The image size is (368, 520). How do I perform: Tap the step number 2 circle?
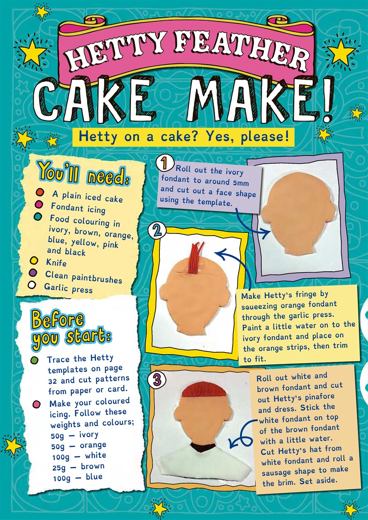point(157,232)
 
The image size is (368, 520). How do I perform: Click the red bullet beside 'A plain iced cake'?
point(40,192)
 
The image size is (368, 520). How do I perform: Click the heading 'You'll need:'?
point(83,173)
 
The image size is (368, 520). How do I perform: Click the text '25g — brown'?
point(78,466)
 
